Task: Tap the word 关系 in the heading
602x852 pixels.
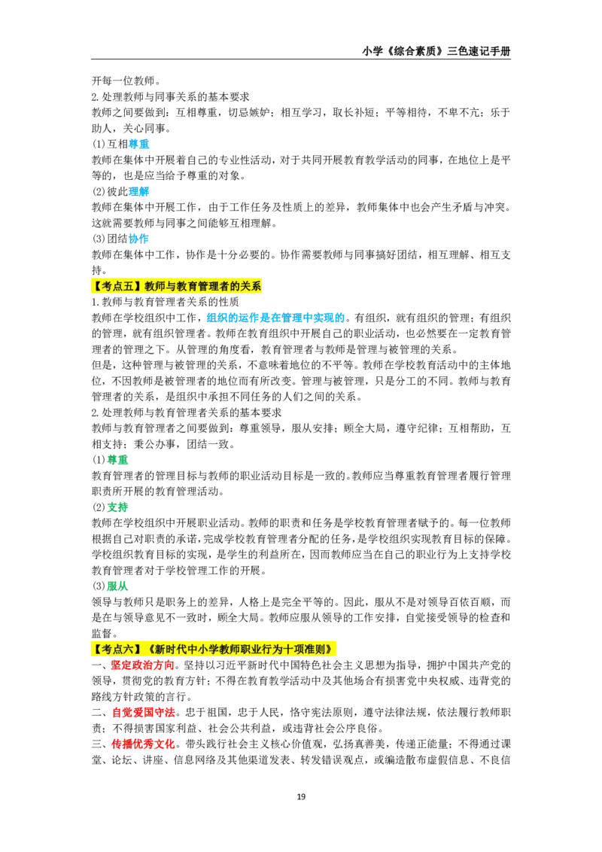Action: (251, 286)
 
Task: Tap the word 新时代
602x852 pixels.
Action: (169, 649)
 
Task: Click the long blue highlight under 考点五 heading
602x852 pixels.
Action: (275, 318)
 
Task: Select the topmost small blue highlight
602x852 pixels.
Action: (139, 145)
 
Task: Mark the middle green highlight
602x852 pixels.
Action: (119, 507)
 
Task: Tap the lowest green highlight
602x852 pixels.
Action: (117, 586)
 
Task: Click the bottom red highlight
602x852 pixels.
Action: (143, 744)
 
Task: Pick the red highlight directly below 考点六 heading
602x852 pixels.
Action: (141, 665)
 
